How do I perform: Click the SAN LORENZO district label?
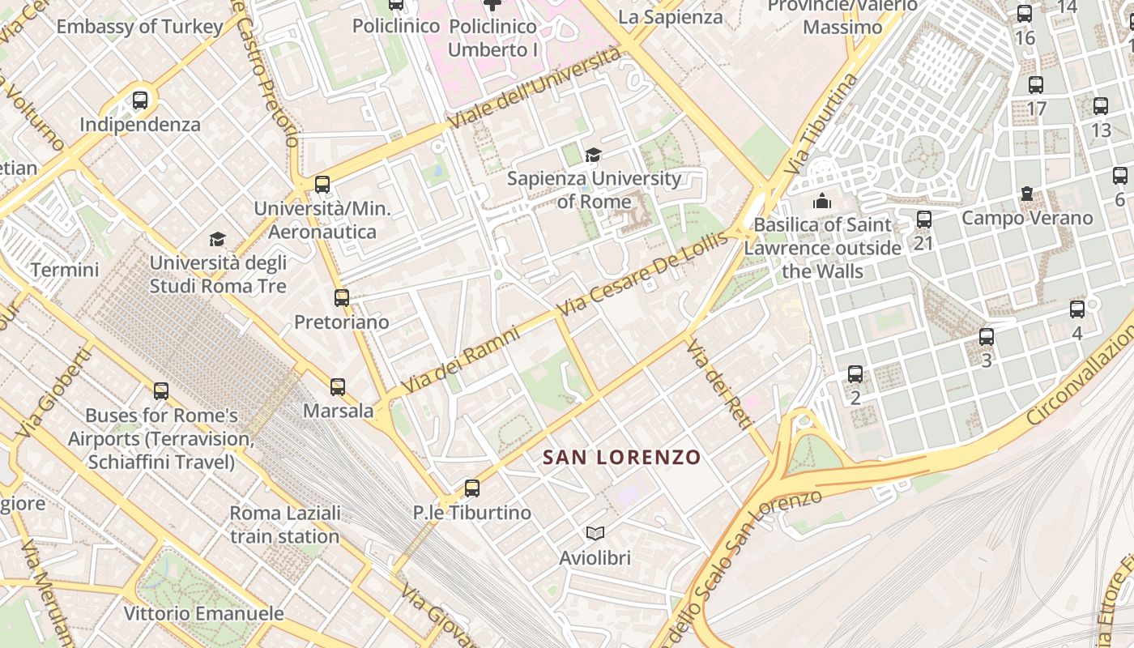tap(621, 458)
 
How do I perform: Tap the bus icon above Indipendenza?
tap(140, 100)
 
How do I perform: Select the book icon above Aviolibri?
tap(595, 533)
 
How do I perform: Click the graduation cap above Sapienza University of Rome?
tap(594, 154)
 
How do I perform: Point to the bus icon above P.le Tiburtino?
tap(472, 488)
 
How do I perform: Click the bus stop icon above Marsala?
tap(338, 387)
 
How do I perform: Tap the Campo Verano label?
tap(1027, 218)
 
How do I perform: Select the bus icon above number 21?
tap(923, 219)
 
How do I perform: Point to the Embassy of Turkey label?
tap(139, 26)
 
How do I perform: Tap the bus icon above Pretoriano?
tap(342, 297)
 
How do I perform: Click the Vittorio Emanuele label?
tap(203, 613)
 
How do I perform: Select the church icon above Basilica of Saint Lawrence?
tap(822, 200)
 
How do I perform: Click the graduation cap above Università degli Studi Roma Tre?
tap(217, 239)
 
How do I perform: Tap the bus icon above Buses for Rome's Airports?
tap(161, 391)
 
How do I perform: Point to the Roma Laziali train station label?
tap(285, 525)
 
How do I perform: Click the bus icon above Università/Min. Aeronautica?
tap(322, 184)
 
